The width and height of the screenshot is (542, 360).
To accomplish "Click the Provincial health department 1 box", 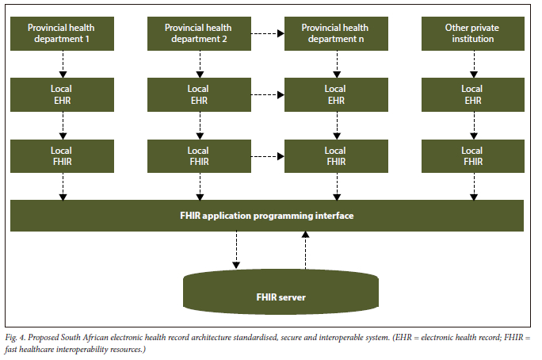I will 62,33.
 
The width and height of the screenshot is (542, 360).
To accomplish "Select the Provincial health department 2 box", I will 199,33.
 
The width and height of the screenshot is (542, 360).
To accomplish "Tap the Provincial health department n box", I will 335,33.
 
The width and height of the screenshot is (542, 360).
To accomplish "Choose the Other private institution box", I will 472,33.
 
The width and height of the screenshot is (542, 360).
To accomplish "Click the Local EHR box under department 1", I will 62,94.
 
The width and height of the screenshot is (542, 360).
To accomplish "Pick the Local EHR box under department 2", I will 199,94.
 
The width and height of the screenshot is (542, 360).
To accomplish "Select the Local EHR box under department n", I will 335,94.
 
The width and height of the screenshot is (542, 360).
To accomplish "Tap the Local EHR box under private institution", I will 472,94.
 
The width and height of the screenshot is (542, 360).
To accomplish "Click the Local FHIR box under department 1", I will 62,155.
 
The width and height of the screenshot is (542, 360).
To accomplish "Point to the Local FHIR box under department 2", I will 199,155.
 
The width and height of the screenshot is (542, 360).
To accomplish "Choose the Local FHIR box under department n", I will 335,155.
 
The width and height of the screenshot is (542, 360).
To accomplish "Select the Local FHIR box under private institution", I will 472,155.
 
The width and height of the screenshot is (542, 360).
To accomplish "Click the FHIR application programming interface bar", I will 267,216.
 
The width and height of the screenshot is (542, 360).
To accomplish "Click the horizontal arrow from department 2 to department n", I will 267,33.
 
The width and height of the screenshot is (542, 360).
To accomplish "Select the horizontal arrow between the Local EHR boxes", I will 267,94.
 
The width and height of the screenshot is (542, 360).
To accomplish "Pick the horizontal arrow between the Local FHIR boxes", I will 267,155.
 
